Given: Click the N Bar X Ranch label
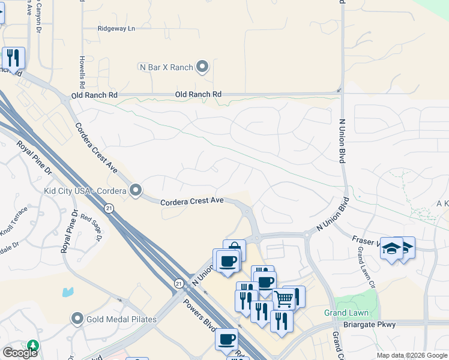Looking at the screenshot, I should click(166, 67).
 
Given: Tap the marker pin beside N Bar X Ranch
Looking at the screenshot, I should click(202, 67).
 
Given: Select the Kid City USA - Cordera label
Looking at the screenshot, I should click(85, 191).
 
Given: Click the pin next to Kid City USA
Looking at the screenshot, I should click(136, 191).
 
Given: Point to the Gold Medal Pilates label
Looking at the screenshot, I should click(121, 319).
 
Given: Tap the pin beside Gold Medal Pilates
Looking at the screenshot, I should click(77, 319).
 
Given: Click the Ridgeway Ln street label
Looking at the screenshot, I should click(116, 28).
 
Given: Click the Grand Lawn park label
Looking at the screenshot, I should click(346, 313).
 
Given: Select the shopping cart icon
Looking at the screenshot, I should click(284, 298).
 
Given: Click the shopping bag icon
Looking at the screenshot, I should click(235, 248).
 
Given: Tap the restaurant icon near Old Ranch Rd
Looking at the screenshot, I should click(13, 58).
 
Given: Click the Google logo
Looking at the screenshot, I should click(19, 353).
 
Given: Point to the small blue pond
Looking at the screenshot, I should click(67, 292).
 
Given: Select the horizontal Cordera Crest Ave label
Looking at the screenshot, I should click(191, 201).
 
